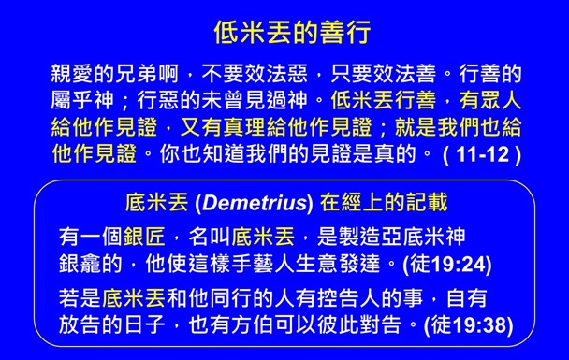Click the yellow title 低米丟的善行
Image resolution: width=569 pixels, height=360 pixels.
point(284,30)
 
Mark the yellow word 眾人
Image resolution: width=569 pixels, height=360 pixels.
point(497,97)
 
